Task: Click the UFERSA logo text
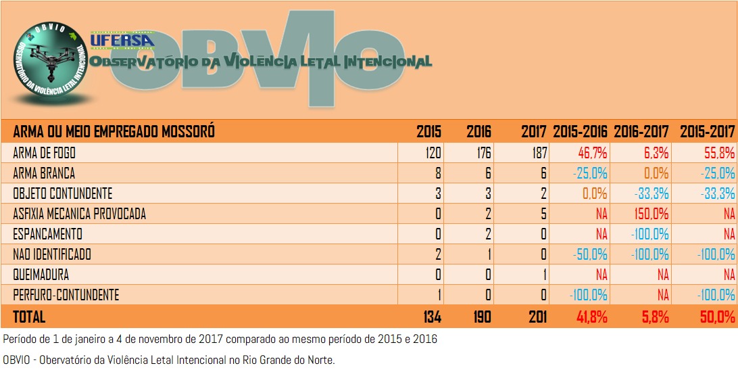[x=122, y=41]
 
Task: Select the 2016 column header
[x=478, y=131]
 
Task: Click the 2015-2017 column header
[x=707, y=131]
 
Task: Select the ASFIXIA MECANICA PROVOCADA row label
[x=79, y=214]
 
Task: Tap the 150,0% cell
[x=652, y=214]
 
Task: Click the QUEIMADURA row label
[x=41, y=275]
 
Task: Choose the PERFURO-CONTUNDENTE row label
[x=66, y=295]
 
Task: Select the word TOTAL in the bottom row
[x=29, y=317]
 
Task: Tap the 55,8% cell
[x=718, y=153]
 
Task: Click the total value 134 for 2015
[x=429, y=317]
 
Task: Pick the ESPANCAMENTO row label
[x=47, y=234]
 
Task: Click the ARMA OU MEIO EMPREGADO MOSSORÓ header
[x=114, y=131]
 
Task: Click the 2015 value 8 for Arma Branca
[x=438, y=173]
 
